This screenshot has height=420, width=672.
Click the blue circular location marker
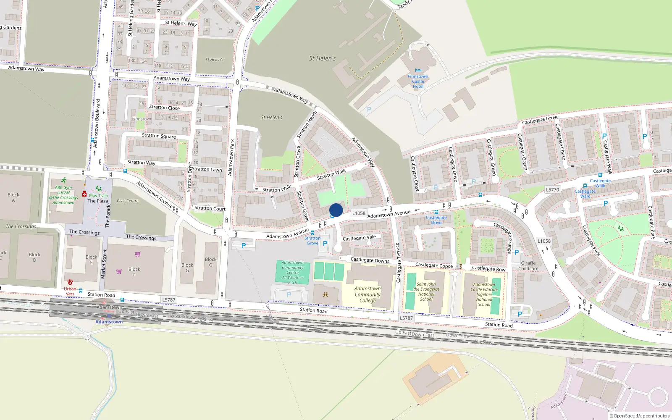[x=336, y=210]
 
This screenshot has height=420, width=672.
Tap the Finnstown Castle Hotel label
[x=418, y=81]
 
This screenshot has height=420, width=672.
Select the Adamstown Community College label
[x=367, y=294]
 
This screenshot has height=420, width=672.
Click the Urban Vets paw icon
[x=70, y=283]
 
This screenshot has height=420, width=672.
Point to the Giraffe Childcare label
[x=528, y=266]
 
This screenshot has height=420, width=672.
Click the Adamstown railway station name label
[x=109, y=322]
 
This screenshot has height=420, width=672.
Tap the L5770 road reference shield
[x=552, y=190]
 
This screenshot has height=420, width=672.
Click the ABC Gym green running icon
[x=63, y=181]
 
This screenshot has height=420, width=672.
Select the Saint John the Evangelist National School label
[x=426, y=291]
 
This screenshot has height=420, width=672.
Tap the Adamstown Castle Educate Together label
[x=484, y=294]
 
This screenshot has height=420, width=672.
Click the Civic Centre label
[x=127, y=201]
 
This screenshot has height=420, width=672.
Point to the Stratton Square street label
[x=159, y=136]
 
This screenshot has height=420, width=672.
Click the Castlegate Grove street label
[x=540, y=120]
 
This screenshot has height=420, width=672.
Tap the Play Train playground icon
[x=98, y=189]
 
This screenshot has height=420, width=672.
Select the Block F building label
[x=134, y=272]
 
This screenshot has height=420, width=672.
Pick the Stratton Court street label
[x=210, y=208]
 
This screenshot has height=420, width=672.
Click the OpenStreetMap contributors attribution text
[x=640, y=416]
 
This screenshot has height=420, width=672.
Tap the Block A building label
[x=13, y=197]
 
